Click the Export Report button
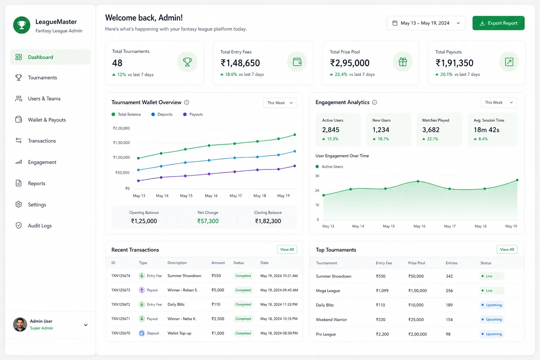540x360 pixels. click(x=498, y=23)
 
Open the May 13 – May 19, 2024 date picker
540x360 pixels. click(x=426, y=23)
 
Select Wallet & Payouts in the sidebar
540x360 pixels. click(x=47, y=120)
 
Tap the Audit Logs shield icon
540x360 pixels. click(x=19, y=225)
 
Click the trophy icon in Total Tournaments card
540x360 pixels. click(x=187, y=62)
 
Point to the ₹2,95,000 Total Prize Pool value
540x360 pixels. click(x=349, y=63)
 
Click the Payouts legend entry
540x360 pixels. click(x=193, y=114)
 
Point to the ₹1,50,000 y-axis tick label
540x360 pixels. click(x=122, y=143)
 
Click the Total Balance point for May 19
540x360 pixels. click(x=295, y=135)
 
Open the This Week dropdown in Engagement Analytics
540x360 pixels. click(x=499, y=102)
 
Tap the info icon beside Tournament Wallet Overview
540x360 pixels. click(x=187, y=102)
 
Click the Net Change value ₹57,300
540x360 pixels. click(x=208, y=221)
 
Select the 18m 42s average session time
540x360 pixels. click(x=486, y=130)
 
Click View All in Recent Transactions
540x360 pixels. click(x=287, y=249)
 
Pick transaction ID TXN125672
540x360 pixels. click(x=121, y=304)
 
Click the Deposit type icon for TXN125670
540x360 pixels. click(x=142, y=333)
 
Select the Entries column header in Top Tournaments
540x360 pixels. click(x=451, y=263)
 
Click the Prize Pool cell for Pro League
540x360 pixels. click(x=418, y=334)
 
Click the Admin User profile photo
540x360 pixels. click(x=20, y=324)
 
